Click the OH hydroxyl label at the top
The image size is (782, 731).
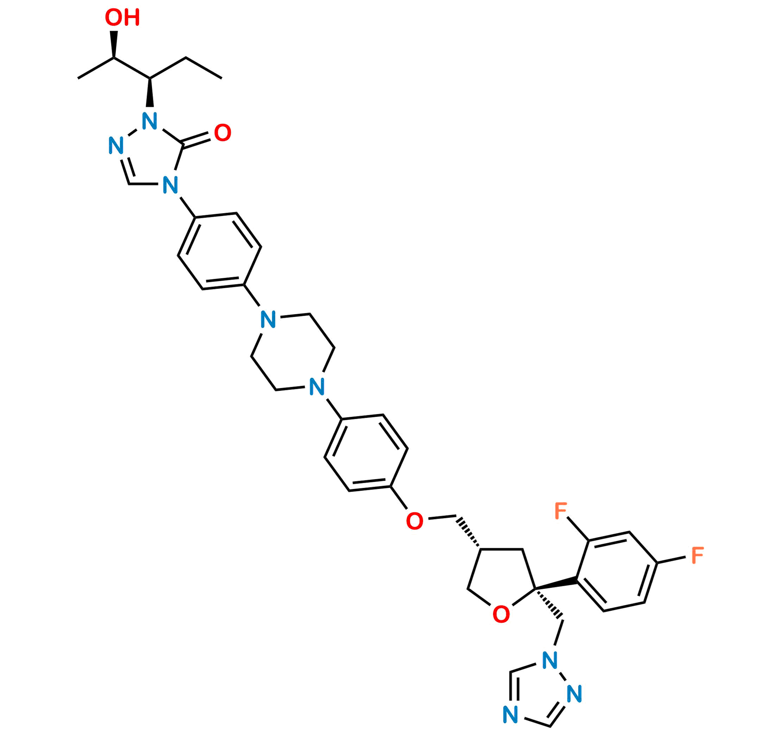tap(122, 19)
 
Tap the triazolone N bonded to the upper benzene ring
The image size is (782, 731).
tap(171, 185)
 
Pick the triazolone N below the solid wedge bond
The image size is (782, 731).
tap(150, 122)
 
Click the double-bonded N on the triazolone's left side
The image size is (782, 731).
tap(116, 146)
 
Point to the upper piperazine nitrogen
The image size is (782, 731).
tap(268, 319)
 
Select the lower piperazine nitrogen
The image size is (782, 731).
tap(317, 386)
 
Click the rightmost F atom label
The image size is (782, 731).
tap(697, 556)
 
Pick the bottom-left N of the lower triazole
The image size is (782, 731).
tap(510, 715)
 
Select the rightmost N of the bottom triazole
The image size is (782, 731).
tap(575, 694)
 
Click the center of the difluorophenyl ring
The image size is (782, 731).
tap(617, 571)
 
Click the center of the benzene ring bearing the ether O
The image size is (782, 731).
tap(366, 453)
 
